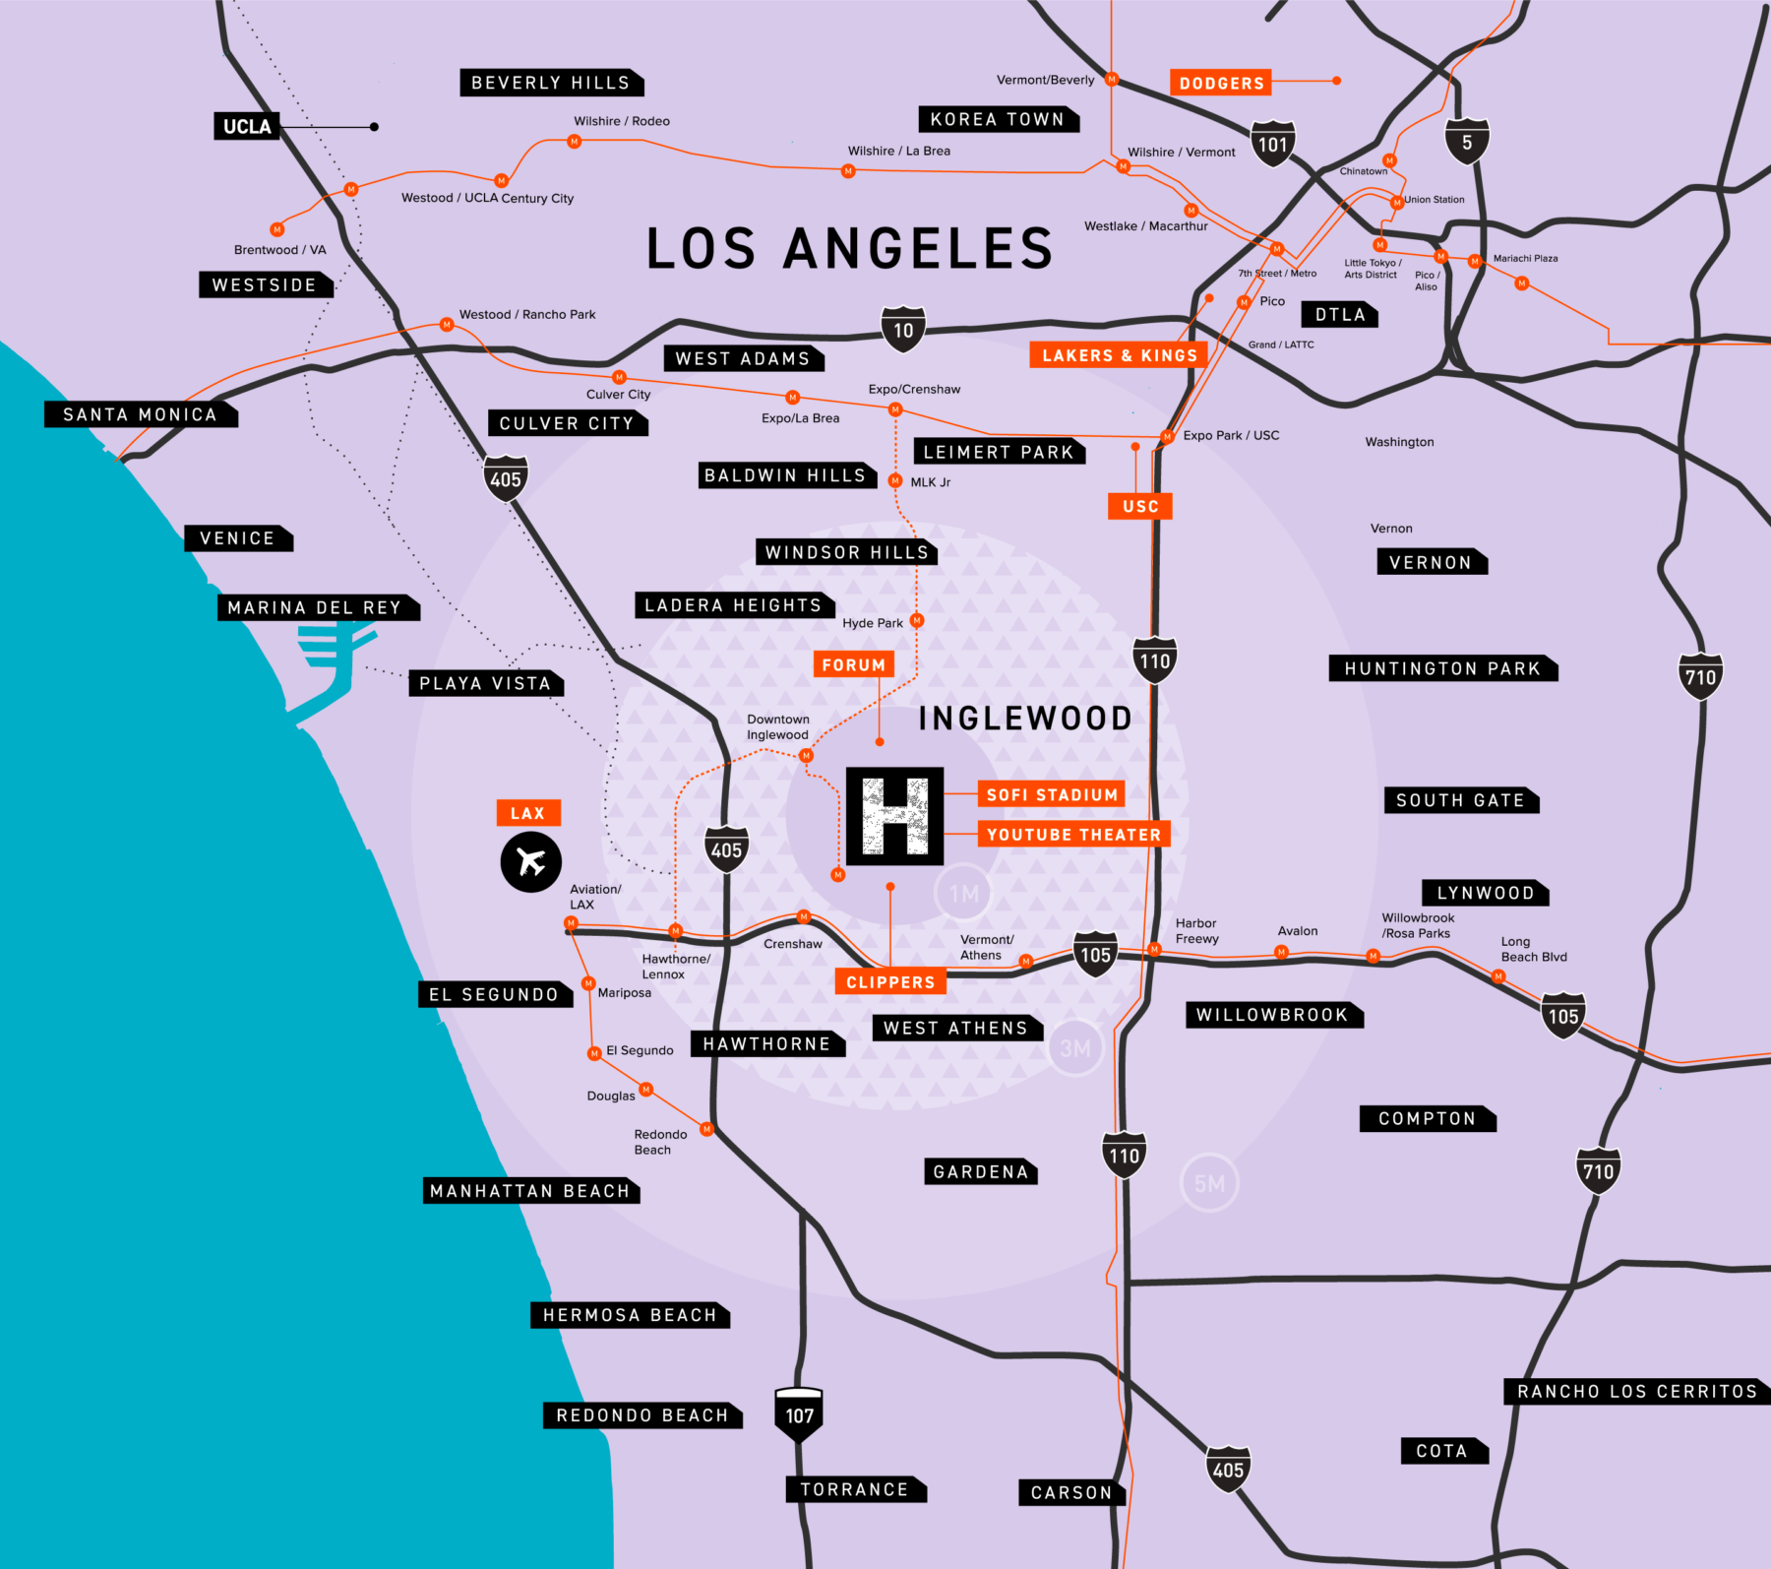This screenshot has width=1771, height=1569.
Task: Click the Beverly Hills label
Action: pos(551,83)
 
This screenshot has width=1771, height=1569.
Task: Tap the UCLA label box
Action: pos(247,126)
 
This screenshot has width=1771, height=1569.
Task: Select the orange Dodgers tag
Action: pos(1221,83)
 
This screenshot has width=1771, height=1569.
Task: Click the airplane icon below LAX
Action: pos(531,862)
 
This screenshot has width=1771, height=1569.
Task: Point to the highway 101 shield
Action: pos(1272,144)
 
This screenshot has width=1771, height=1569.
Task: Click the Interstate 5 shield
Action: pos(1467,142)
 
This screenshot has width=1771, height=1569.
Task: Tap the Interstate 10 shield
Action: pos(903,330)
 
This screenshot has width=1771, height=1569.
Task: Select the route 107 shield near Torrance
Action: pos(799,1414)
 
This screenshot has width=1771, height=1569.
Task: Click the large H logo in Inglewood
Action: pos(894,816)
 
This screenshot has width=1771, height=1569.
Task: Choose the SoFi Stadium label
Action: pos(1052,794)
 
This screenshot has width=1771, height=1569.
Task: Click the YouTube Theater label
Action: pos(1073,835)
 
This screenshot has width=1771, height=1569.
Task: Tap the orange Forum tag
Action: pos(854,664)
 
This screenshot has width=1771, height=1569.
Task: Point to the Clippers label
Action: pos(890,981)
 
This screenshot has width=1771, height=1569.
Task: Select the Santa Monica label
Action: pos(140,414)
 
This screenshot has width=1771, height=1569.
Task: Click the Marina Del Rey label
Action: pos(315,607)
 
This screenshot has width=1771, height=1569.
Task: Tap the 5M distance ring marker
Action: pos(1209,1183)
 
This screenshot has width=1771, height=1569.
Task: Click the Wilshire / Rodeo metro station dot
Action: pos(575,142)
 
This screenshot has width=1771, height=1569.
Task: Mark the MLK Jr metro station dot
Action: pos(895,481)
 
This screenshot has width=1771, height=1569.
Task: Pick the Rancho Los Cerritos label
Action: pos(1637,1391)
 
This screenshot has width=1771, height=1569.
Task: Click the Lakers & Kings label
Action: pos(1119,355)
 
